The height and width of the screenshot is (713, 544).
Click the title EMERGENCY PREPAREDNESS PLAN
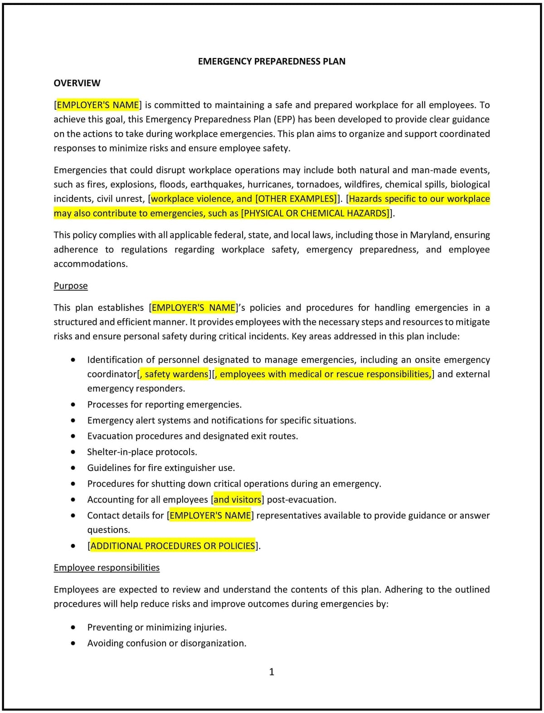click(272, 61)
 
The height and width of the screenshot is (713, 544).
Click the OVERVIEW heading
click(77, 83)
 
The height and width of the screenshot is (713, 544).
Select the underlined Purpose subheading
click(71, 286)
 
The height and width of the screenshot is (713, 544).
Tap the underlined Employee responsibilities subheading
click(107, 567)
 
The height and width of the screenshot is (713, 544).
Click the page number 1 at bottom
click(272, 672)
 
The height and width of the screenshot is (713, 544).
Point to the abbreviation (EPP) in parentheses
click(285, 119)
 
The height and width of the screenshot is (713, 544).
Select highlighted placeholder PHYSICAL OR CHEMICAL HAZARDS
click(316, 213)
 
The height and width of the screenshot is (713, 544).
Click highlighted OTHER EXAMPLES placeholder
click(296, 199)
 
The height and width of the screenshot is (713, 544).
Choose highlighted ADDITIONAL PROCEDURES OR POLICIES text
click(173, 546)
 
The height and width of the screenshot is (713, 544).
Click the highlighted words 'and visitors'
click(237, 500)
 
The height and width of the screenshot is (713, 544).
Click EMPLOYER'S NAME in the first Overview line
click(97, 105)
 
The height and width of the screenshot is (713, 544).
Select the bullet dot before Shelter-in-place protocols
click(73, 452)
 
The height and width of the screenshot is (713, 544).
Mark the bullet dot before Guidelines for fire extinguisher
click(73, 468)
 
